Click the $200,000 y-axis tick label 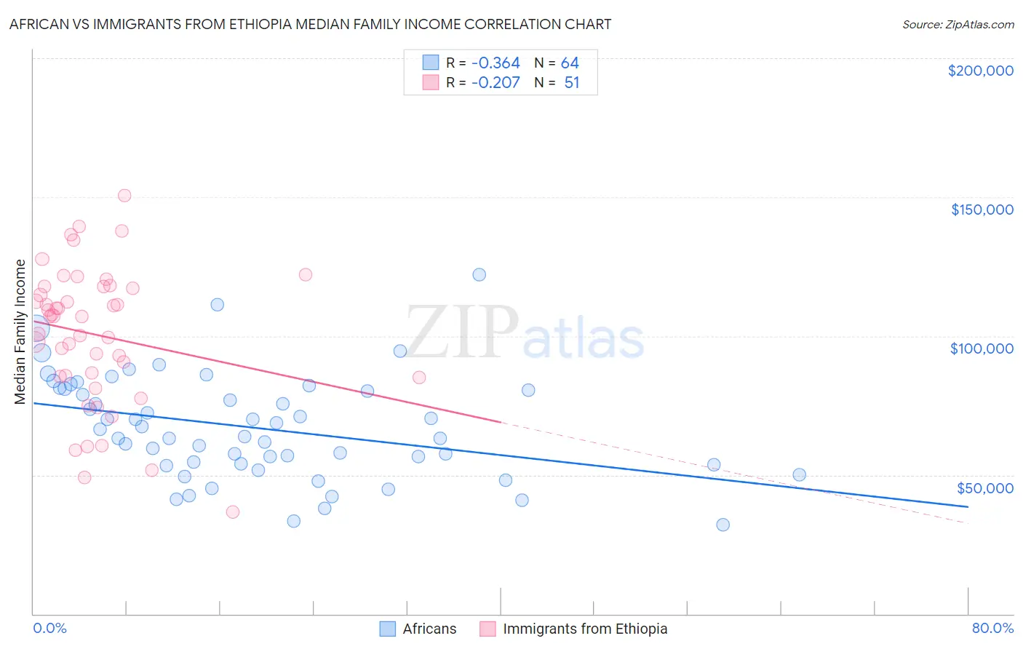tap(980, 71)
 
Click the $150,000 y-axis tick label tap(982, 210)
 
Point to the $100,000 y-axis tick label tap(982, 349)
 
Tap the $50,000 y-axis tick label tap(984, 487)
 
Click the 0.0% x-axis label tap(49, 628)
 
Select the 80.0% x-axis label tap(992, 628)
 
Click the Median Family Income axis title tap(20, 332)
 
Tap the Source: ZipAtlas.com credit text tap(958, 24)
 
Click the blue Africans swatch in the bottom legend tap(388, 629)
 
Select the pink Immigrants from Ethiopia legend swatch tap(487, 629)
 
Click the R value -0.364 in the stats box tap(495, 63)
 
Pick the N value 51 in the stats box tap(572, 82)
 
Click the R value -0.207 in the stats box tap(495, 82)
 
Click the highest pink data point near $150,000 tap(124, 196)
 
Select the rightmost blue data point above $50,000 tap(799, 475)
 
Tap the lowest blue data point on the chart tap(723, 525)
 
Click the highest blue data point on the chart tap(479, 275)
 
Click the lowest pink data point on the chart tap(233, 511)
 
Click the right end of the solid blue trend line tap(968, 506)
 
